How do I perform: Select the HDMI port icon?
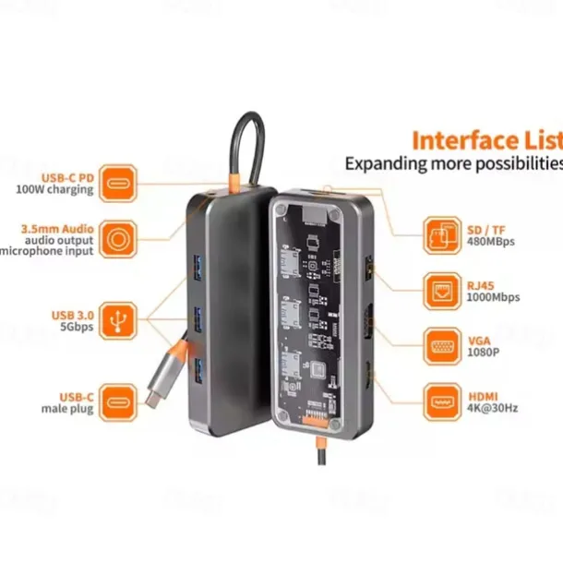tap(441, 402)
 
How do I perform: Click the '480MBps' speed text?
tap(491, 242)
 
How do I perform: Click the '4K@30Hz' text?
tap(494, 409)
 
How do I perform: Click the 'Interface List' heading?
tap(485, 141)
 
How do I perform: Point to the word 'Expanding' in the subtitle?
tap(380, 163)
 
